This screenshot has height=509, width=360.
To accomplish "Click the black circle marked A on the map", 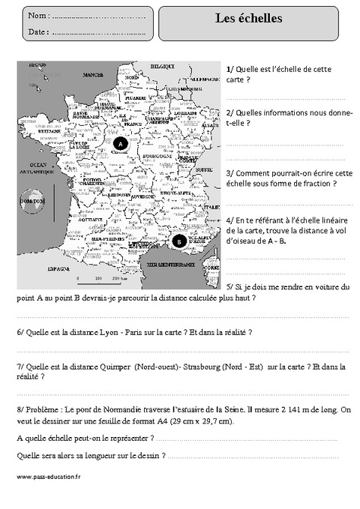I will pyautogui.click(x=120, y=142).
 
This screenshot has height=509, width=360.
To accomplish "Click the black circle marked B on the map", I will pyautogui.click(x=179, y=241).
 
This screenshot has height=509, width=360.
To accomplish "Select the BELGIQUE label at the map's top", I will pyautogui.click(x=160, y=67).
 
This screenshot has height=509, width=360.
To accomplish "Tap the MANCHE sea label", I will pyautogui.click(x=93, y=76).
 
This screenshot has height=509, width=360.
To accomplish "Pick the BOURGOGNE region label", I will pyautogui.click(x=157, y=157).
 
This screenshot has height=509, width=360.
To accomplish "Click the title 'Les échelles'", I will pyautogui.click(x=249, y=19).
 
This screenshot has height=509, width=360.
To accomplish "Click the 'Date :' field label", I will pyautogui.click(x=38, y=31).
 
